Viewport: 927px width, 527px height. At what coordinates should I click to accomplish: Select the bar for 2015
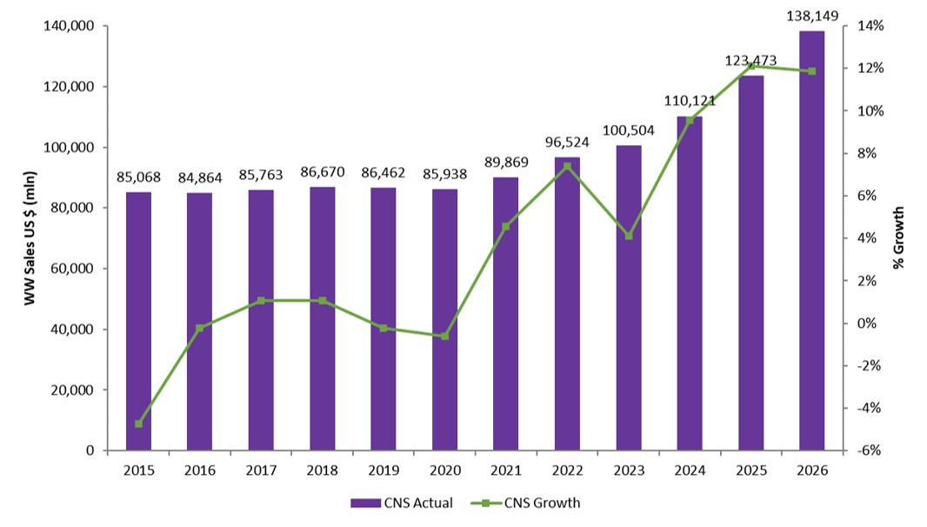[x=139, y=321]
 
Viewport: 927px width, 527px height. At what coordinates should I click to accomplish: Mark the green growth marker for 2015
[x=139, y=424]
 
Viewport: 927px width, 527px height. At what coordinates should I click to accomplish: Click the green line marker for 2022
[x=567, y=166]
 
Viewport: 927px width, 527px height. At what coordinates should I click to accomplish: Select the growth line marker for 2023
[x=628, y=236]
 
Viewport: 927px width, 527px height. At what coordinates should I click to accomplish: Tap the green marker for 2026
[x=812, y=71]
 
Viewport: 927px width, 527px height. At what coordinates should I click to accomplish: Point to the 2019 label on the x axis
[x=383, y=470]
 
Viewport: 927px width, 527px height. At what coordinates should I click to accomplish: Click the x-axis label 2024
[x=689, y=470]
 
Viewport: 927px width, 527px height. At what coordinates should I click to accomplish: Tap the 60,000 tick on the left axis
[x=72, y=269]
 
